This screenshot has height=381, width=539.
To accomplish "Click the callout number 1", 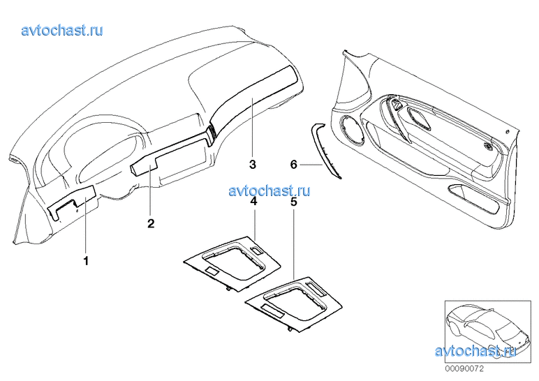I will (86, 261).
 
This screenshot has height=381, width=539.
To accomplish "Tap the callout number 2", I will (150, 224).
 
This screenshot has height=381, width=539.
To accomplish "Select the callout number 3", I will (252, 165).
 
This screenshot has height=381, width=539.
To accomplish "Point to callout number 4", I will (254, 201).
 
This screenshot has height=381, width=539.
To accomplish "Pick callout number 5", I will (294, 201).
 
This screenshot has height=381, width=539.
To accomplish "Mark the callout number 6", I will (294, 165).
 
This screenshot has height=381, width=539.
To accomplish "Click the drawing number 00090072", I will (464, 368).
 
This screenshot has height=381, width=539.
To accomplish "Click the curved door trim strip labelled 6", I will (325, 154).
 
